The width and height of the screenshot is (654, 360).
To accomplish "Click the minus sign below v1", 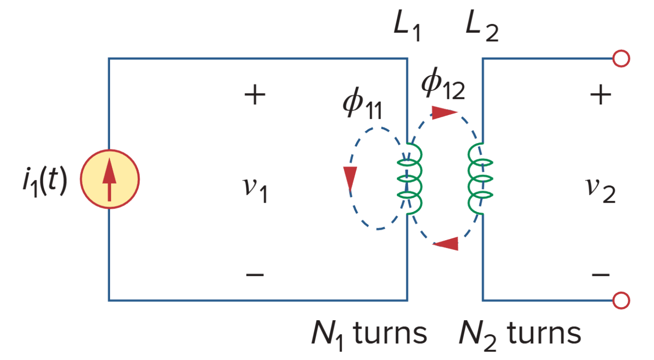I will (255, 274).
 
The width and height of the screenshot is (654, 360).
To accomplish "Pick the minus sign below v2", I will (601, 274).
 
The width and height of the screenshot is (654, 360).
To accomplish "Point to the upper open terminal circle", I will (621, 59).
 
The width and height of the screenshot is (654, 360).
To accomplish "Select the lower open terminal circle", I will (621, 300).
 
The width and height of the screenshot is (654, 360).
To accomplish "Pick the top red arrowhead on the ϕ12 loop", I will (443, 112).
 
